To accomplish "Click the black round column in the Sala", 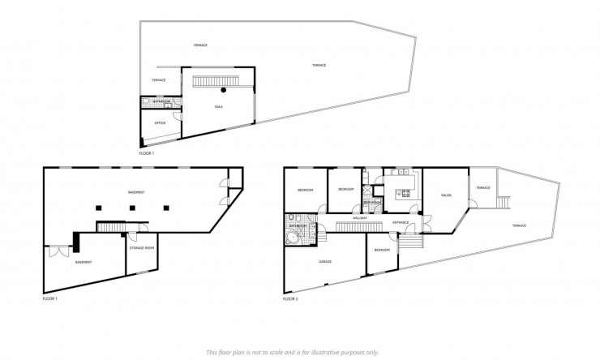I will point(223,91).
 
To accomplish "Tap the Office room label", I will point(160,122).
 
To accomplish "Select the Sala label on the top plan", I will point(218,106).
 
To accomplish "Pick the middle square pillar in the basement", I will point(132,208).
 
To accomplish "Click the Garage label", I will point(325,261).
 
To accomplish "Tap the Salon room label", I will point(446,195).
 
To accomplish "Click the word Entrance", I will point(400,221).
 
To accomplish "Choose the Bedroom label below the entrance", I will point(383,250).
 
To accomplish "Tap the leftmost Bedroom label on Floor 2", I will point(305,190).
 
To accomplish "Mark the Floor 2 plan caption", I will point(291,298).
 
